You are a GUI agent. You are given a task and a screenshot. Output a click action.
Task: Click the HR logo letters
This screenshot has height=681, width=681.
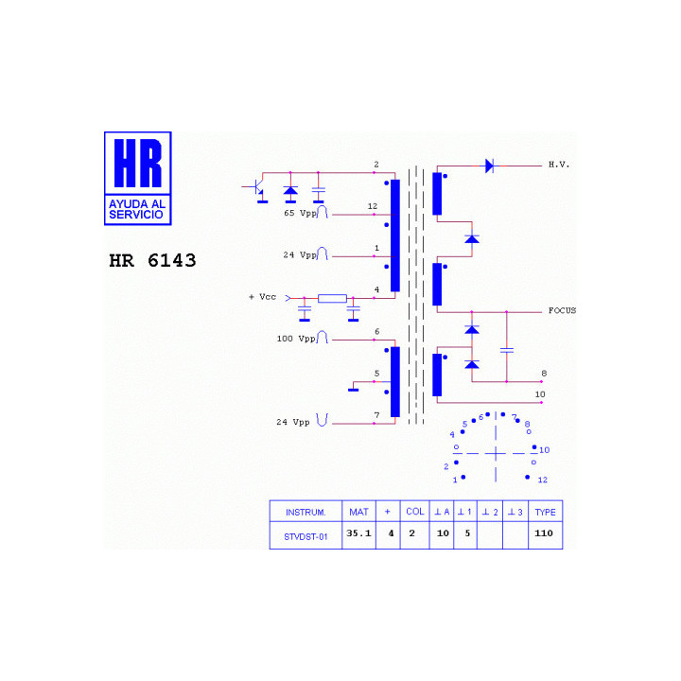pos(138,163)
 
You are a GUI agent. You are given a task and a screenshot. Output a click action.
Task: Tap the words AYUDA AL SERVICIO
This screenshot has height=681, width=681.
pos(137,209)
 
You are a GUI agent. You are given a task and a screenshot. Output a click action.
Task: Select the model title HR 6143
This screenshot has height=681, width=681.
pos(152,261)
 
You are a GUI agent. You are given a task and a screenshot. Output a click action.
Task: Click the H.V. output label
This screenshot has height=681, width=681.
pos(559,165)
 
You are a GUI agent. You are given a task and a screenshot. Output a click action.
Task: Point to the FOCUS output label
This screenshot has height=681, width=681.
pos(562,310)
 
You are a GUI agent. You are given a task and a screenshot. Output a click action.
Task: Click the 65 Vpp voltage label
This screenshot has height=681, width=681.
pos(301,213)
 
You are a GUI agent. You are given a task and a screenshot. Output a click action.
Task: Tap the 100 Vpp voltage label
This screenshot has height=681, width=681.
pos(296,339)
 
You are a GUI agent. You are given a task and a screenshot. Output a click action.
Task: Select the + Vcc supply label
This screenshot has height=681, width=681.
pos(262,297)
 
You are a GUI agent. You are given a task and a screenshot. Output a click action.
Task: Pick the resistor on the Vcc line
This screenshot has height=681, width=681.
pos(332,298)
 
